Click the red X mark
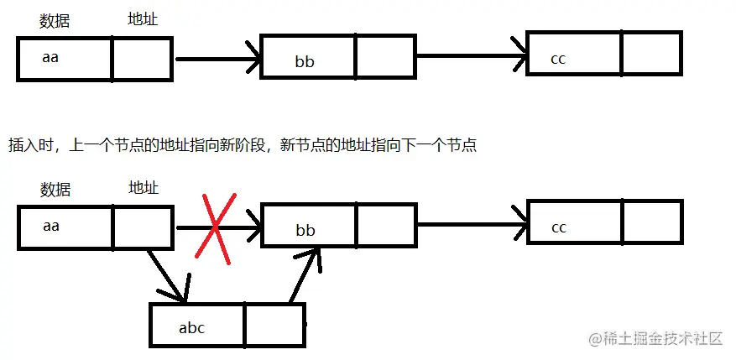(213, 227)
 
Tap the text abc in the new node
(191, 328)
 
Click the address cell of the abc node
(274, 326)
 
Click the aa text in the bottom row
(50, 225)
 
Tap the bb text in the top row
(303, 61)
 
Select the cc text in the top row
(559, 59)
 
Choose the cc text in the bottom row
(559, 227)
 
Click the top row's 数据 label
(54, 22)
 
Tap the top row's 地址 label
(143, 18)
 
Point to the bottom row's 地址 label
(144, 186)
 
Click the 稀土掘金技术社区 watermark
(656, 338)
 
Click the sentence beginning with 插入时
(243, 145)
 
